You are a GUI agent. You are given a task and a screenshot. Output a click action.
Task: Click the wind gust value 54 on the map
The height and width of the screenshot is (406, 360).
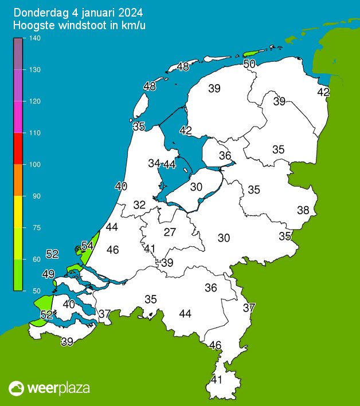(87, 246)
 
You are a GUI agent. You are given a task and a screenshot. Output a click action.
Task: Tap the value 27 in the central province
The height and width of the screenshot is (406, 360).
(170, 232)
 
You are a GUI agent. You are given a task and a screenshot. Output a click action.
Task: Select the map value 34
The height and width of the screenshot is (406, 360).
(154, 163)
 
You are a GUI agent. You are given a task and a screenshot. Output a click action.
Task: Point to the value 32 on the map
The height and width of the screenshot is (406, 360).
(139, 205)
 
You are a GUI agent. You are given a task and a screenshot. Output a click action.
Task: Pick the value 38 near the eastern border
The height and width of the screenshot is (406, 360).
(303, 210)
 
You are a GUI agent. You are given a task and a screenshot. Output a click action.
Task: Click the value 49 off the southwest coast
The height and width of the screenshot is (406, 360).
(49, 274)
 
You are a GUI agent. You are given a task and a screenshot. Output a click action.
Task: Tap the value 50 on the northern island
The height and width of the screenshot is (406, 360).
(249, 64)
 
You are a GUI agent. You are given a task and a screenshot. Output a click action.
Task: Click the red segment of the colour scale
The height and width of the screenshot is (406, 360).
(18, 148)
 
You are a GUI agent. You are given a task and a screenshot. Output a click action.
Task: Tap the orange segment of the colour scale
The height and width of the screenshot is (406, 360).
(18, 180)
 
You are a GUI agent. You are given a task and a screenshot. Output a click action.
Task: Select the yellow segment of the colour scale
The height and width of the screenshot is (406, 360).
(18, 211)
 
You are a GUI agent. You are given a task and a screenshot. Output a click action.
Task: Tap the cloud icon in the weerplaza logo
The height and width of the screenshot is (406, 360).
(17, 389)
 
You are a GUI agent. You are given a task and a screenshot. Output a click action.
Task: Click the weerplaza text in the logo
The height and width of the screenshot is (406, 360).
(58, 388)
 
